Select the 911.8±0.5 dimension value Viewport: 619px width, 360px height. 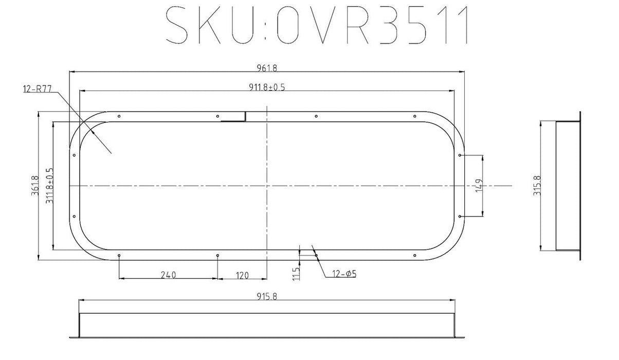[266, 87]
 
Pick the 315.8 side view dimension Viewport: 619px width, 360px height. [537, 186]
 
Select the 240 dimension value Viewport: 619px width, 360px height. [168, 275]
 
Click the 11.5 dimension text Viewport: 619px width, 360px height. [295, 272]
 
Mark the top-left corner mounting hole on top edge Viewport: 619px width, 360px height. [119, 116]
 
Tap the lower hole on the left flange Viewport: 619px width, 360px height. [75, 217]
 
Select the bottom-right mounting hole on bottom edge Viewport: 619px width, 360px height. [414, 255]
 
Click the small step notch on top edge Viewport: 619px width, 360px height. [245, 117]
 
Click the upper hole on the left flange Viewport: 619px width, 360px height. [75, 155]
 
